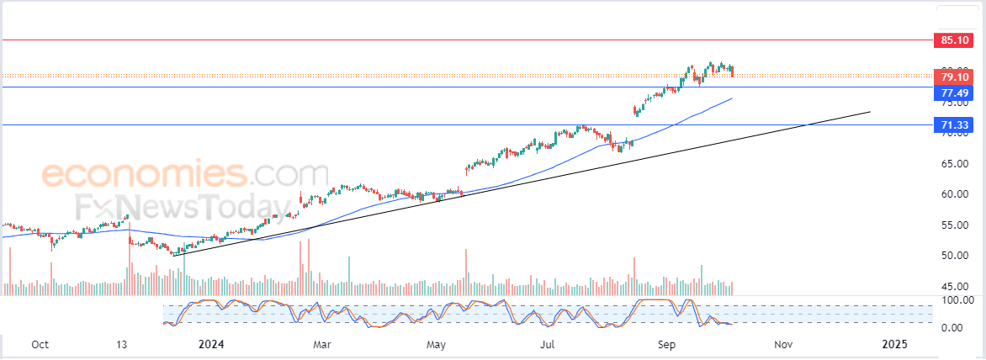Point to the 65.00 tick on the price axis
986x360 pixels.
(954, 164)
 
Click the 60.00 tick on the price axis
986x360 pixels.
(954, 194)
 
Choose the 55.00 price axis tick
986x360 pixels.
(954, 225)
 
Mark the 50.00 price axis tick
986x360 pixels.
(954, 255)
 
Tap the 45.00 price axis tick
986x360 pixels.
(954, 286)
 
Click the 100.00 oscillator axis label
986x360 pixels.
(957, 299)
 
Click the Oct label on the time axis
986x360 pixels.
(39, 344)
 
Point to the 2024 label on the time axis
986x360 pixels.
(211, 344)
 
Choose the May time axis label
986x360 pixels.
(435, 344)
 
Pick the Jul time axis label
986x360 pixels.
(548, 344)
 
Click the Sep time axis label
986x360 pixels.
(667, 344)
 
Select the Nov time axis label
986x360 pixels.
(783, 344)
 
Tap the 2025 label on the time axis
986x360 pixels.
(894, 344)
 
